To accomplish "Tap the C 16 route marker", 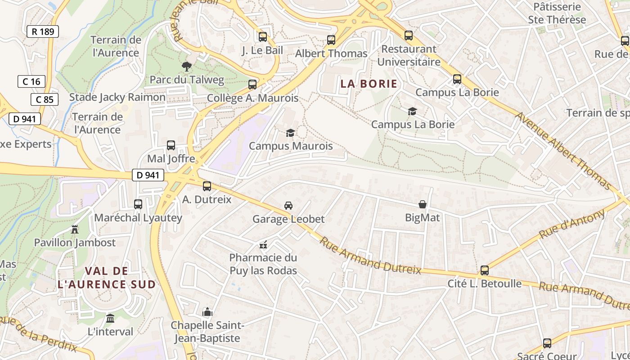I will tap(31, 81).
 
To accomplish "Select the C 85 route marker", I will tap(45, 99).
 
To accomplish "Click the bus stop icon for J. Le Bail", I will tap(263, 37).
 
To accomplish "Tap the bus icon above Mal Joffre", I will tap(171, 145).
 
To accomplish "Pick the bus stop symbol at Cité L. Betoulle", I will tap(485, 270).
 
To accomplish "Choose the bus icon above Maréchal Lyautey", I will tap(138, 204).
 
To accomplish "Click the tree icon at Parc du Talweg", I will tap(186, 67).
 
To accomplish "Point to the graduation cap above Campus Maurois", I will tap(290, 133).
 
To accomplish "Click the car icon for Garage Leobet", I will tap(288, 206).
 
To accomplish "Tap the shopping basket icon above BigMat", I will tap(423, 204).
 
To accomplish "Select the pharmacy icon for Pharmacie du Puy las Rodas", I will tap(263, 245).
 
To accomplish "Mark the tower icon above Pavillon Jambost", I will tap(75, 229).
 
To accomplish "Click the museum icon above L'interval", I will tap(110, 319).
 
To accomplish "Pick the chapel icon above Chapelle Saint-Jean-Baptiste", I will tap(207, 312).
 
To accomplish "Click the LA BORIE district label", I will tap(369, 84).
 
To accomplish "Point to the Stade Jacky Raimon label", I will tap(117, 97).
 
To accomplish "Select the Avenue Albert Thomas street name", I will tap(563, 150).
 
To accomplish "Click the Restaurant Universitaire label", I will tap(409, 55).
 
